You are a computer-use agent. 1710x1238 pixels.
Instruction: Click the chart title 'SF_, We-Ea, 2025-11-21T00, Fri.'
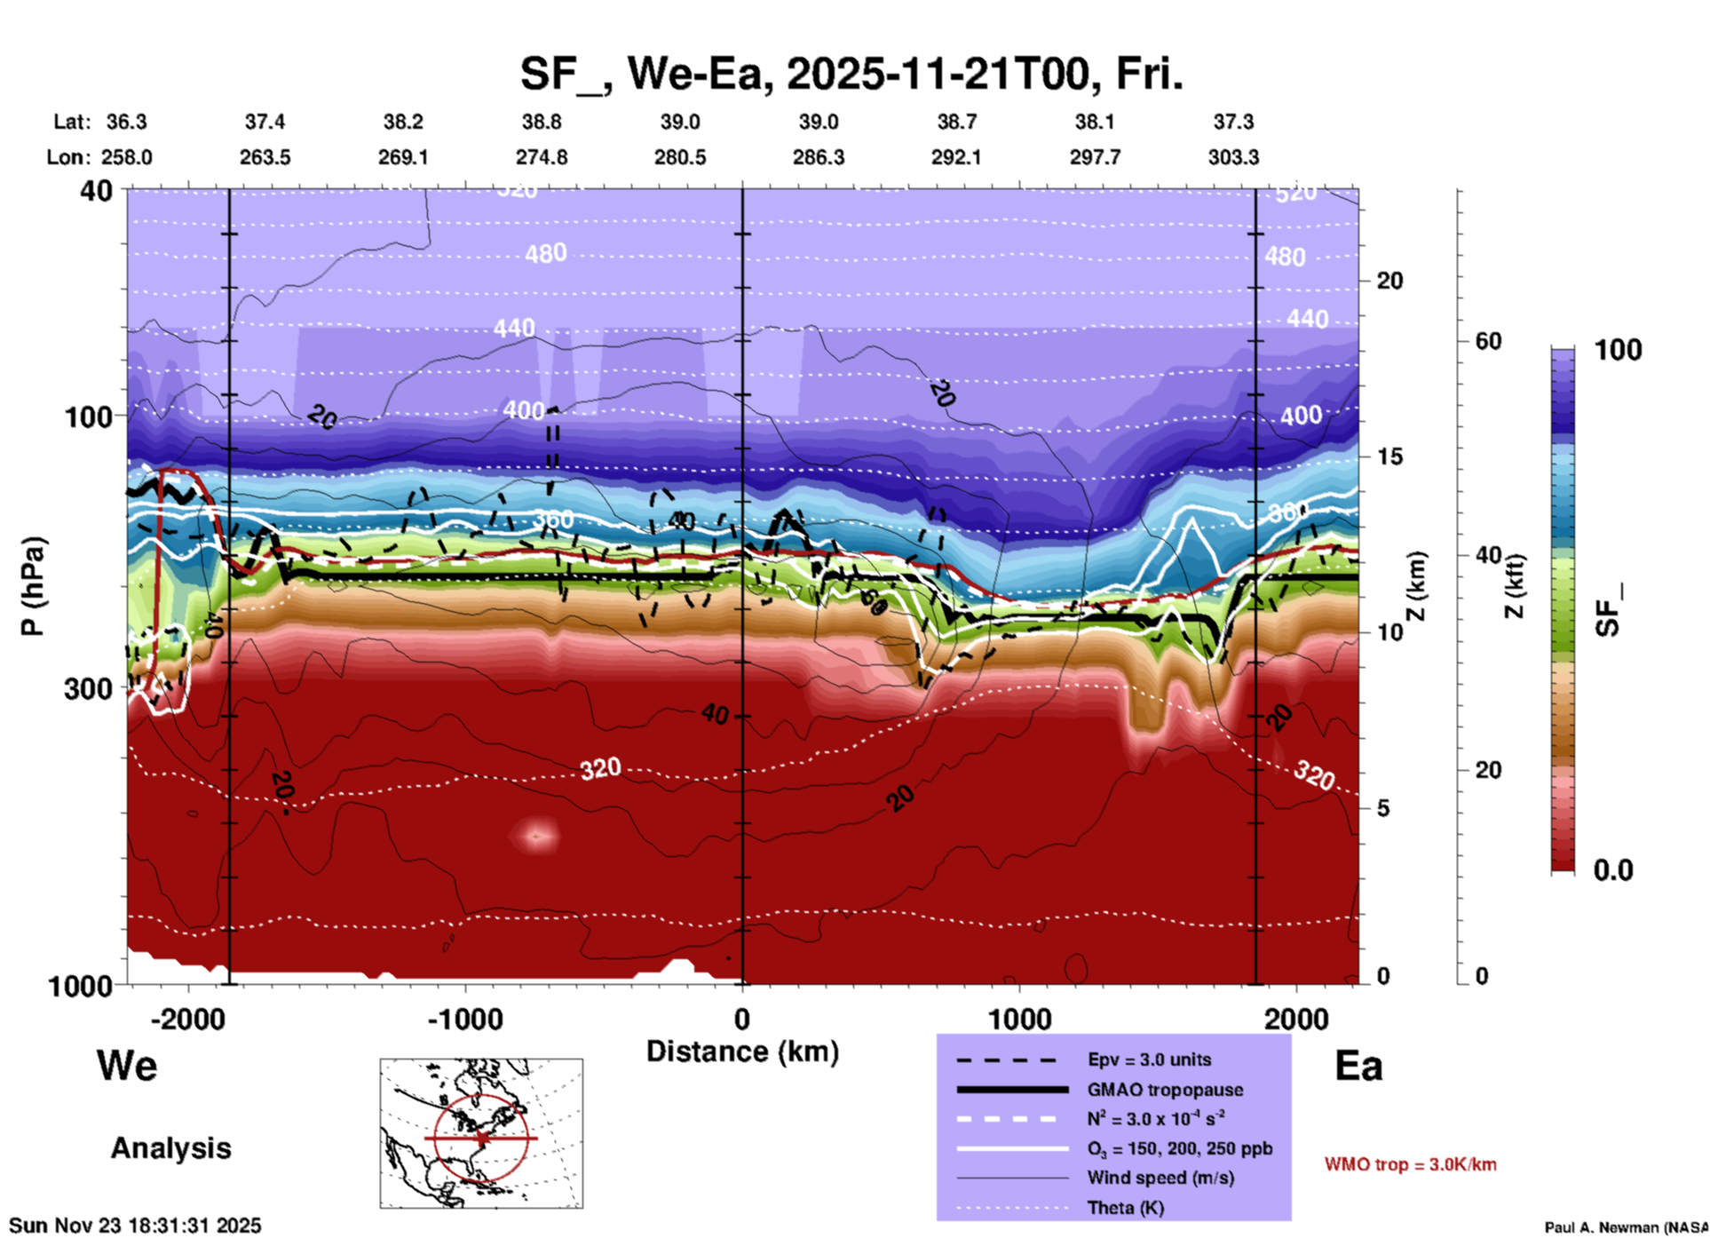click(x=851, y=74)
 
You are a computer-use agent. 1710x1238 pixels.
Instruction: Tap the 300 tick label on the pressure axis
click(x=89, y=688)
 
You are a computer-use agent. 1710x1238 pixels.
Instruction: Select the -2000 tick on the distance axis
click(x=188, y=1019)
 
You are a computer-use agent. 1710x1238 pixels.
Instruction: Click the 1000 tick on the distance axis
click(x=1019, y=1019)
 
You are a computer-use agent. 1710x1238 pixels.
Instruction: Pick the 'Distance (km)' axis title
click(x=742, y=1052)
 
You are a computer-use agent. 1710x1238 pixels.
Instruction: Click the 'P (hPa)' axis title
click(x=33, y=586)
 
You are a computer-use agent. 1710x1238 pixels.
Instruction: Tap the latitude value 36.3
click(x=126, y=122)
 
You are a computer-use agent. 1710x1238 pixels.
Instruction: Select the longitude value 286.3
click(x=818, y=157)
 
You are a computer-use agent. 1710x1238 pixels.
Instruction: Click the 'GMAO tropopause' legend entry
click(x=1165, y=1090)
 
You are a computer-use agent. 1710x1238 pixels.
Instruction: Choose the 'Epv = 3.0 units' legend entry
click(x=1149, y=1059)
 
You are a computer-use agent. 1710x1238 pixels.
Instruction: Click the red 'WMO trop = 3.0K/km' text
click(x=1410, y=1164)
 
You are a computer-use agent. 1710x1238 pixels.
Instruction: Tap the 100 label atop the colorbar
click(x=1618, y=350)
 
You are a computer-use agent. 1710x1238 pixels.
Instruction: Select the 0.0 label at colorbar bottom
click(x=1612, y=870)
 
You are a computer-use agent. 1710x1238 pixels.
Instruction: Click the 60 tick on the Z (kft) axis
click(x=1488, y=341)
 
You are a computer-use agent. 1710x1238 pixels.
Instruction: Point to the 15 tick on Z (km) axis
click(x=1389, y=456)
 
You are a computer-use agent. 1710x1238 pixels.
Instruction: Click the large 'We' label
click(x=127, y=1066)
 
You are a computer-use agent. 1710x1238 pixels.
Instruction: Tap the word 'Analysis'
click(x=170, y=1148)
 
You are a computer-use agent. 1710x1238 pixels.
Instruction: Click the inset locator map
click(x=481, y=1132)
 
